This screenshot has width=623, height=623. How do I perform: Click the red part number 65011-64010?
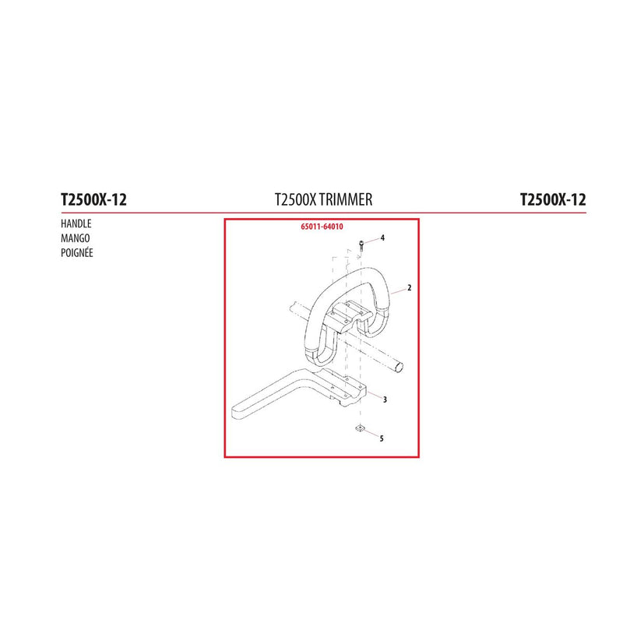click(x=322, y=227)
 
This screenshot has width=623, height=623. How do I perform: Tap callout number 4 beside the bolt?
click(x=382, y=238)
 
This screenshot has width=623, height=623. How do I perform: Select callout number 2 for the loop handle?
click(x=410, y=287)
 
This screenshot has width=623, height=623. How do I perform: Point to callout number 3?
click(x=385, y=399)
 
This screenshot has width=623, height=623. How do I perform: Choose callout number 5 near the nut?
click(x=382, y=438)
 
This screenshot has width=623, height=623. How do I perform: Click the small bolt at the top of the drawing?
click(x=361, y=246)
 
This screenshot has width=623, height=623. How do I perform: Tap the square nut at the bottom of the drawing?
click(x=361, y=428)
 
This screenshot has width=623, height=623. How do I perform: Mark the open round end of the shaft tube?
click(x=399, y=367)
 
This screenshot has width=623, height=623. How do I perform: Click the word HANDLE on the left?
click(x=76, y=224)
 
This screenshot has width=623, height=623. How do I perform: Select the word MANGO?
click(x=75, y=238)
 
